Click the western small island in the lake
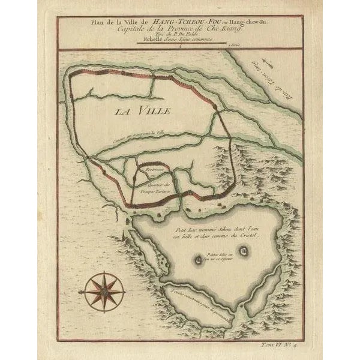pyautogui.click(x=199, y=260)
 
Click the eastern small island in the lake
pyautogui.click(x=243, y=251)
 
